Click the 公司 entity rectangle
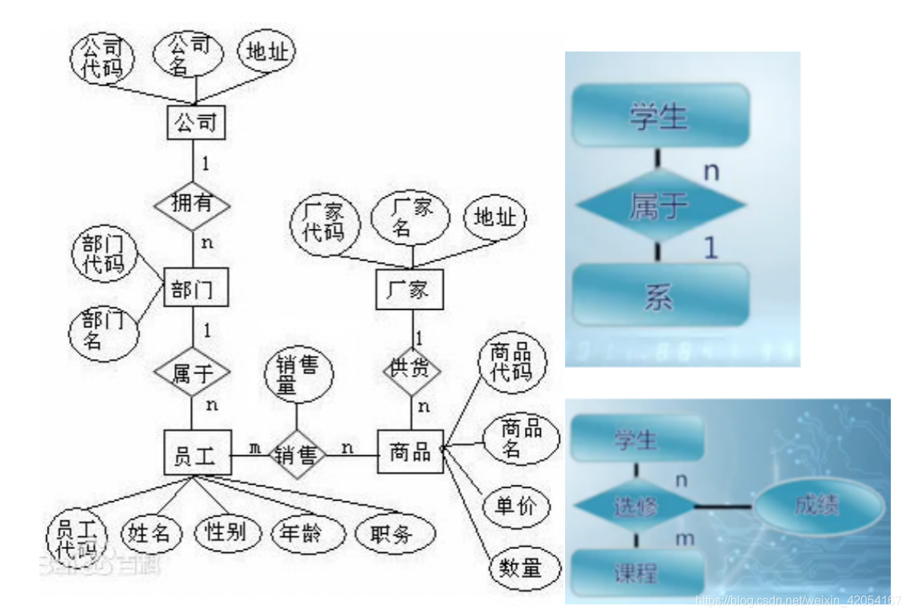196,122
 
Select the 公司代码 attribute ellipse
102,58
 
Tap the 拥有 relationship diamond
191,204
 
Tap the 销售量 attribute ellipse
295,376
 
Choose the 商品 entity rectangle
410,452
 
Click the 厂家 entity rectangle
408,289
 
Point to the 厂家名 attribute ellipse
410,216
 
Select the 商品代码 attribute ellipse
511,363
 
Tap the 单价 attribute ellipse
515,506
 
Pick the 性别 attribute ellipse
226,532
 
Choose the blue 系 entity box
660,295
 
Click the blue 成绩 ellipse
817,505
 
